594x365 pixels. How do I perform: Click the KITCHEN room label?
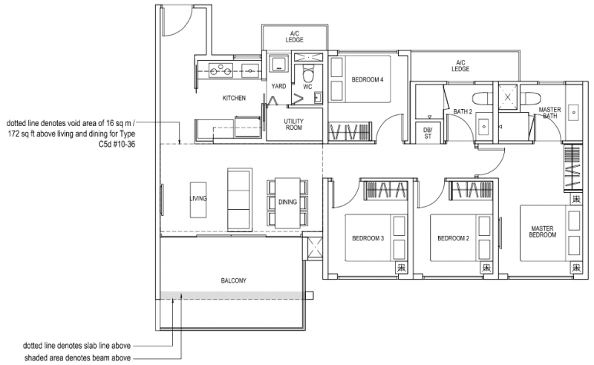(x=234, y=98)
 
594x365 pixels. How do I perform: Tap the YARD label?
(x=278, y=87)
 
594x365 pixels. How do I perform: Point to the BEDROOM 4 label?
(x=367, y=79)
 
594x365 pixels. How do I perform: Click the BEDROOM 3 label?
(x=368, y=238)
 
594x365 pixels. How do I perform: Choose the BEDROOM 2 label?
(x=452, y=238)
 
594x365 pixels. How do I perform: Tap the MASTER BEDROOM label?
(x=543, y=231)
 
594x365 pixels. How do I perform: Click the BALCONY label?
(x=233, y=280)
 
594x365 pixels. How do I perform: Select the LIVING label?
(x=198, y=199)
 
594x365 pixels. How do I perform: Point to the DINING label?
(x=287, y=202)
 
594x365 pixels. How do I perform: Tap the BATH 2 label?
(x=463, y=112)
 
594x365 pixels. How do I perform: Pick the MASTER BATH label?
(x=549, y=112)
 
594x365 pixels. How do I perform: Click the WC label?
(x=307, y=87)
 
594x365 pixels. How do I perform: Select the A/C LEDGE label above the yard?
(x=295, y=36)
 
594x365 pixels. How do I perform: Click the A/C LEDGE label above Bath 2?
(x=460, y=65)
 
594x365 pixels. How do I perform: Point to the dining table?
(x=287, y=202)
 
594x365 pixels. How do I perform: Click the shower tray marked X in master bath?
(x=508, y=96)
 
